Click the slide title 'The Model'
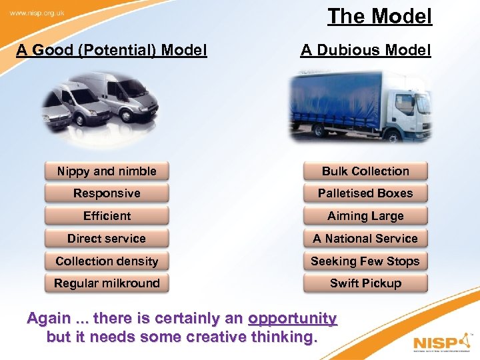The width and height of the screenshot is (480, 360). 379,16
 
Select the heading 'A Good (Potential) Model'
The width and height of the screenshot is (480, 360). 111,50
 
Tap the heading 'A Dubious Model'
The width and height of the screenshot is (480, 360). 365,50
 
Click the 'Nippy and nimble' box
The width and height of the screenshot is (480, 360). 107,171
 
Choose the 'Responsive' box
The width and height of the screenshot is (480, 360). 107,193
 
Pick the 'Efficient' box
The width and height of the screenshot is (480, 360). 107,216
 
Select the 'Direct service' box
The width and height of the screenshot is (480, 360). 107,239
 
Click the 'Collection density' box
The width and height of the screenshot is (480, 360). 107,261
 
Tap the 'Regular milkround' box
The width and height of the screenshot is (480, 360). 107,283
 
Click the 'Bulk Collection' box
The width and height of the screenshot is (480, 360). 365,171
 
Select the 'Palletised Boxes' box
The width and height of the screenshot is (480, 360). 365,193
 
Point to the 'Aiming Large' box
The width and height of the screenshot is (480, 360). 365,216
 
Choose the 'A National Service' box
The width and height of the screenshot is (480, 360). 365,239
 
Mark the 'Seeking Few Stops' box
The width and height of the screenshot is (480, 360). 365,261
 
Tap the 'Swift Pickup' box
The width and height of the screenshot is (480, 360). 365,283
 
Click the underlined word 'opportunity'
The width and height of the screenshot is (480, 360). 292,319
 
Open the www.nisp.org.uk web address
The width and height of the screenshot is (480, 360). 37,13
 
